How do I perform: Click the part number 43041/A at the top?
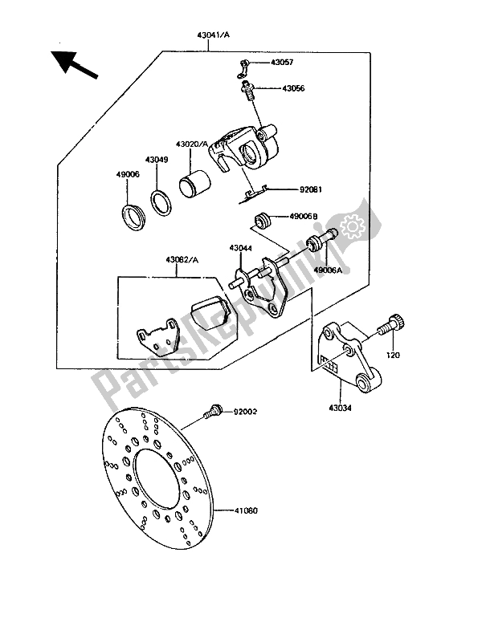pyautogui.click(x=213, y=35)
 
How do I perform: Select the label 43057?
pyautogui.click(x=282, y=63)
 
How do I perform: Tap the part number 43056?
pyautogui.click(x=293, y=88)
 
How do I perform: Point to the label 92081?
pyautogui.click(x=310, y=189)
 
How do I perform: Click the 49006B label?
pyautogui.click(x=303, y=217)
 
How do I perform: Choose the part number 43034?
pyautogui.click(x=340, y=408)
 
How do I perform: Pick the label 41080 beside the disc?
pyautogui.click(x=246, y=510)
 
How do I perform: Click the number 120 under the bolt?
pyautogui.click(x=393, y=356)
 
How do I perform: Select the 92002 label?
pyautogui.click(x=246, y=412)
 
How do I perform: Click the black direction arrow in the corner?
pyautogui.click(x=75, y=65)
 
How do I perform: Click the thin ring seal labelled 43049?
pyautogui.click(x=161, y=202)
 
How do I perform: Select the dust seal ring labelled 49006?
pyautogui.click(x=133, y=217)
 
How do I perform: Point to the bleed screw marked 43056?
pyautogui.click(x=247, y=90)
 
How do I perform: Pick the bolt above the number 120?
pyautogui.click(x=391, y=327)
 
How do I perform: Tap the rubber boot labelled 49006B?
pyautogui.click(x=263, y=221)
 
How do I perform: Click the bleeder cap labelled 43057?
pyautogui.click(x=243, y=67)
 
